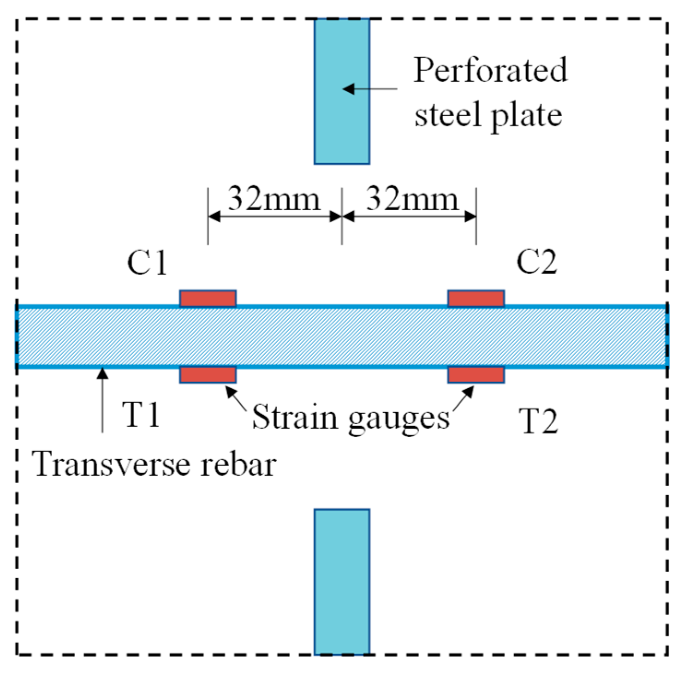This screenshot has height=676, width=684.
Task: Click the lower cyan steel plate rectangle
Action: (x=342, y=581)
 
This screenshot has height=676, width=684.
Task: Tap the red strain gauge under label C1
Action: (x=208, y=299)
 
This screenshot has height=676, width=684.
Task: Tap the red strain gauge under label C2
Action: (x=476, y=299)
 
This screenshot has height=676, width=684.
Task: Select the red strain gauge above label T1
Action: (x=208, y=375)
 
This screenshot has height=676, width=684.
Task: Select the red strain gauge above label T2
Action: (x=476, y=375)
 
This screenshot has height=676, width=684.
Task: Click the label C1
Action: (x=147, y=263)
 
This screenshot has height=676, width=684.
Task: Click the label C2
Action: (x=536, y=262)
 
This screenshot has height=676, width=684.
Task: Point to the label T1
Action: (x=141, y=414)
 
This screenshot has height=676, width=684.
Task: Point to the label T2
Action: (x=538, y=421)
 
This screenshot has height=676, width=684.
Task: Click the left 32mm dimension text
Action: (x=274, y=199)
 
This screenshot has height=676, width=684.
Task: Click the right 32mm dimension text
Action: (x=412, y=199)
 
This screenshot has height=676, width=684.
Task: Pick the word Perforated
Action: (x=490, y=70)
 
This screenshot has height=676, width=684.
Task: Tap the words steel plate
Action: (x=488, y=115)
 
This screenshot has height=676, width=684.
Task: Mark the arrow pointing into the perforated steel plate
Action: (x=369, y=89)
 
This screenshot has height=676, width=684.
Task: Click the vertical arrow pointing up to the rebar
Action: (x=103, y=399)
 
